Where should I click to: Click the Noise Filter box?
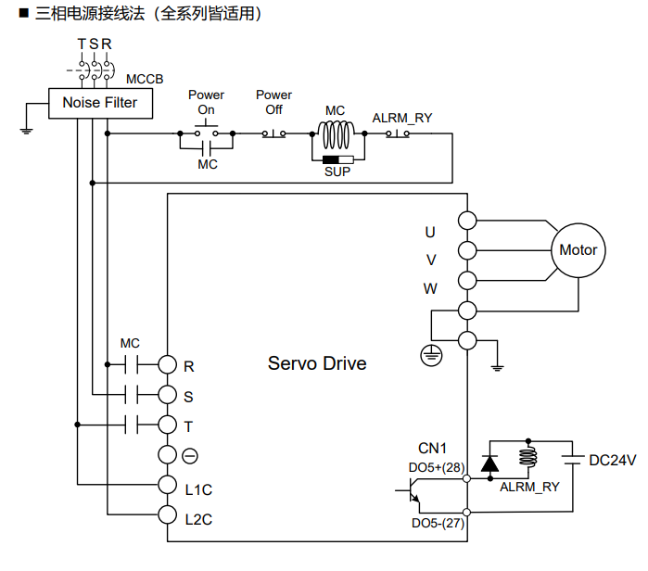pyautogui.click(x=99, y=103)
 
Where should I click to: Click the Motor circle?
pyautogui.click(x=578, y=250)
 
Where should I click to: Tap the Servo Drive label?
pyautogui.click(x=317, y=363)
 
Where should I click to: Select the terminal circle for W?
pyautogui.click(x=467, y=280)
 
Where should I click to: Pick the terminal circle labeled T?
pyautogui.click(x=167, y=425)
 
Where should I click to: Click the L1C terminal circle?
pyautogui.click(x=167, y=484)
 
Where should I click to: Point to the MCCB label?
pyautogui.click(x=144, y=80)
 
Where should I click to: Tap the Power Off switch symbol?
pyautogui.click(x=273, y=133)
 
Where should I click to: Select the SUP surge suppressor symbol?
pyautogui.click(x=337, y=159)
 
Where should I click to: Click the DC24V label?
pyautogui.click(x=613, y=460)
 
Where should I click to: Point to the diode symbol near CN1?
pyautogui.click(x=489, y=461)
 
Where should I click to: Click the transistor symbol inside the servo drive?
pyautogui.click(x=414, y=494)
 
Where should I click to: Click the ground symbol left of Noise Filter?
pyautogui.click(x=26, y=129)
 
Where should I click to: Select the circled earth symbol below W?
pyautogui.click(x=431, y=353)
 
